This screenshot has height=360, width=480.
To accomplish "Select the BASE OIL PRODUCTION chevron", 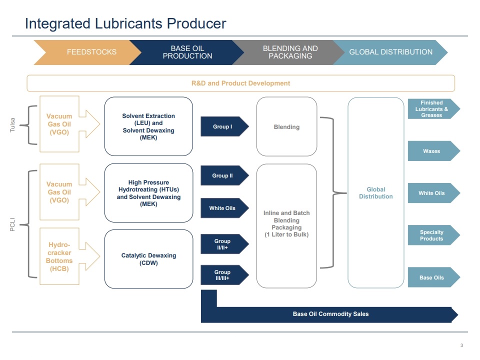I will coord(187,52).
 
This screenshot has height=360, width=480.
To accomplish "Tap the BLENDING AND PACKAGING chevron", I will coord(289,52).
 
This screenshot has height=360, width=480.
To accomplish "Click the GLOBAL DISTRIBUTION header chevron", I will coord(390,52).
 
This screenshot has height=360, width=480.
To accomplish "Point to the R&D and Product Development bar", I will coord(240,83).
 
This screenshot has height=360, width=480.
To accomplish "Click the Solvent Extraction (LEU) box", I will coord(148,126).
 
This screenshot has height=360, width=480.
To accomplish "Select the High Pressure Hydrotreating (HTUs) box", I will coord(148,193).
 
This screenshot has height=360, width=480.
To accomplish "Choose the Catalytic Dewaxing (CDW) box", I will coord(148,259).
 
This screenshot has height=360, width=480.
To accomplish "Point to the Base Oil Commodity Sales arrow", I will coord(330,314).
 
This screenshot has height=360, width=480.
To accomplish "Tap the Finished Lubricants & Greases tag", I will coord(432,109).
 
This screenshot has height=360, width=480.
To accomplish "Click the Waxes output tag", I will coord(432,151).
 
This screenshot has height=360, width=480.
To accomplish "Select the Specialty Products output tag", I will coord(432,235).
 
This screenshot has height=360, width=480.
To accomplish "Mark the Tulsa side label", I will coord(13,125).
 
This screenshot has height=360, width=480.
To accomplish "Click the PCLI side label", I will coord(13,223).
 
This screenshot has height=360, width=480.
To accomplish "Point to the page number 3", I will coord(461,345).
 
